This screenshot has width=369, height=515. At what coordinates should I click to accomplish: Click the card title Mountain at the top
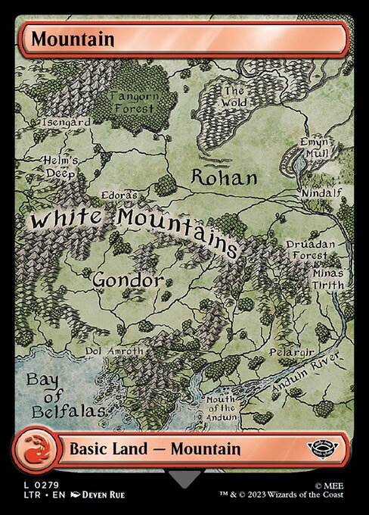click(63, 38)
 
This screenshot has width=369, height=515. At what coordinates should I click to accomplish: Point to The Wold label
click(234, 96)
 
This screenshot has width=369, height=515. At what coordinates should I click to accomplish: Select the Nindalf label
click(321, 193)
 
